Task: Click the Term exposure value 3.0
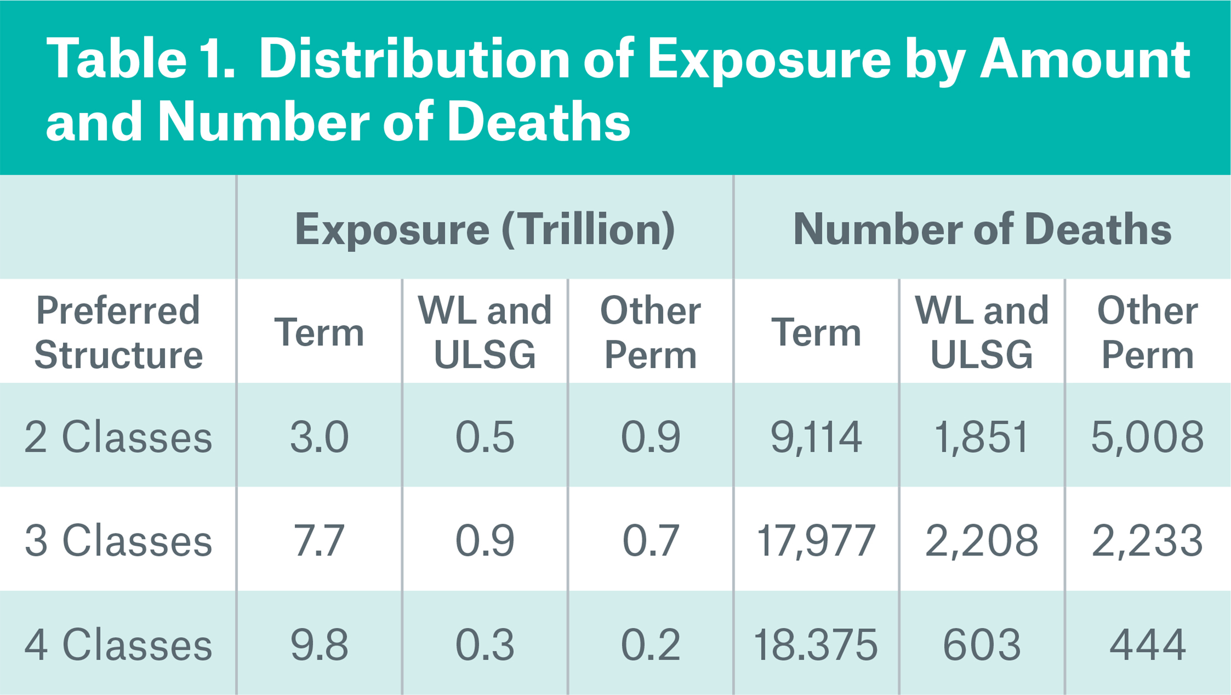point(319,437)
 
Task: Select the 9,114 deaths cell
point(816,437)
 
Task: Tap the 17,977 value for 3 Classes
point(816,541)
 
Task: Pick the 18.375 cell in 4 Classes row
point(816,644)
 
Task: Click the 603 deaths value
point(982,644)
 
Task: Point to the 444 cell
point(1148,644)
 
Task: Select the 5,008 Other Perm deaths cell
point(1148,437)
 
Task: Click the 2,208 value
point(982,541)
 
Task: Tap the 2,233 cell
point(1148,541)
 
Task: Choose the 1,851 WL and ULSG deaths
point(982,437)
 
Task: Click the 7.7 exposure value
point(319,541)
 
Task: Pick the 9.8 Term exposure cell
point(319,644)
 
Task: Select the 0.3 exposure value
point(485,644)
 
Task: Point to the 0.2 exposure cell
point(651,644)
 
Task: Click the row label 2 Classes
point(118,437)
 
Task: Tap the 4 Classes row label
point(118,644)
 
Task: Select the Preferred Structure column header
point(118,332)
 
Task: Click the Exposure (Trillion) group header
point(485,229)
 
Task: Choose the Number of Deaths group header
point(982,229)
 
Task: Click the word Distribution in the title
point(415,60)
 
